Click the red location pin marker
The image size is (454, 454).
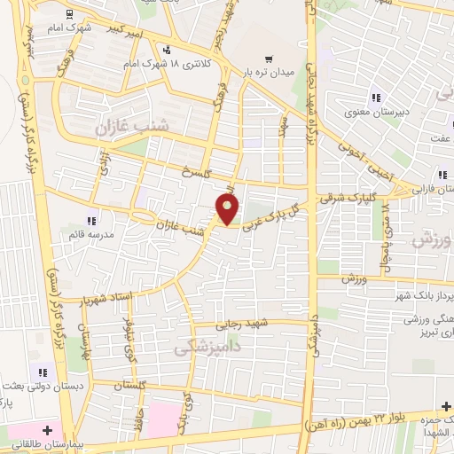[x=229, y=209]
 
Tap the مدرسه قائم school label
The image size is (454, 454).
[x=93, y=234]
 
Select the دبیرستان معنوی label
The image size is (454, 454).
[x=376, y=112]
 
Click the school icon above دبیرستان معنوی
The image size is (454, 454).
[x=376, y=98]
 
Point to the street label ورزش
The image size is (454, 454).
[x=354, y=279]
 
